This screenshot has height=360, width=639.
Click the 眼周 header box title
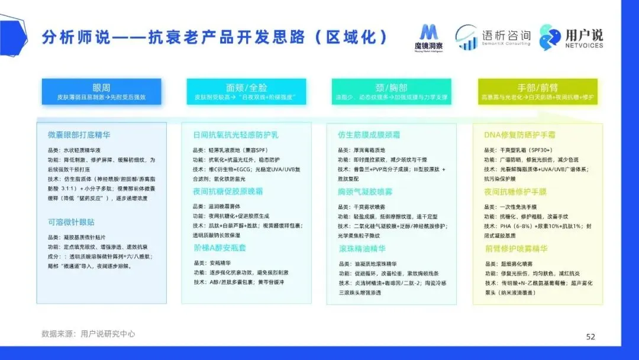coord(101,87)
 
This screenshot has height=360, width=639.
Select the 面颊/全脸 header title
coord(246,87)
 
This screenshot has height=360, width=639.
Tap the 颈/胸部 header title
coord(391,87)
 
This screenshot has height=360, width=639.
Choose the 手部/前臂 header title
coord(537,87)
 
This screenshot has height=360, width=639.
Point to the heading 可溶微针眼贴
coord(71,223)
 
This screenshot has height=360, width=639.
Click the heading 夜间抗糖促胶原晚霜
coord(228,191)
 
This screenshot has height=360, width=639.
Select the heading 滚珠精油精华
coord(362,249)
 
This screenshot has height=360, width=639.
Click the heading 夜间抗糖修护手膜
coord(515,191)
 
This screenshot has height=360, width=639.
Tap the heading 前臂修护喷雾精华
coord(515,249)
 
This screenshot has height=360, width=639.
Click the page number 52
coord(590,336)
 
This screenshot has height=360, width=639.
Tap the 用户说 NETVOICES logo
coord(572,37)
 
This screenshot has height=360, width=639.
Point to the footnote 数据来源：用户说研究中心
coord(88,334)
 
